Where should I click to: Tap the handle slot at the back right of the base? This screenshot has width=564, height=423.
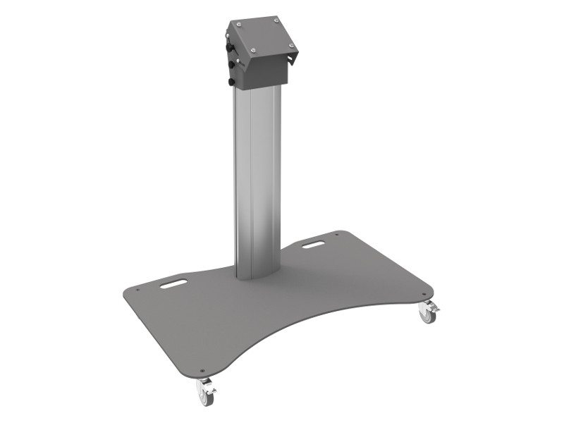point(313,244)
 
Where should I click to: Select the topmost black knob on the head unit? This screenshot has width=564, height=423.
point(229,47)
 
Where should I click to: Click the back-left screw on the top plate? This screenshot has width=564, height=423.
point(239,24)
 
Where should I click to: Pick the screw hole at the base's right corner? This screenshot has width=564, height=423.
point(424,295)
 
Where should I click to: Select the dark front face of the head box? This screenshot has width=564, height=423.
point(267,71)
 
